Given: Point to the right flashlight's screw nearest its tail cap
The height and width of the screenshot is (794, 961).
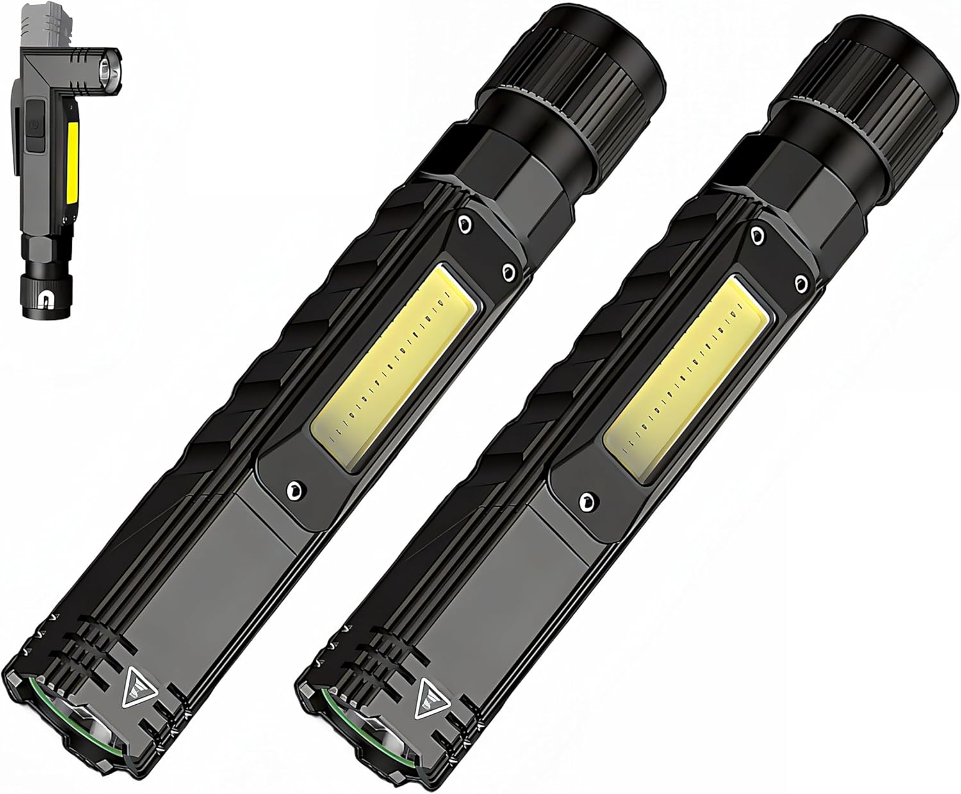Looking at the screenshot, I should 757,234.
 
